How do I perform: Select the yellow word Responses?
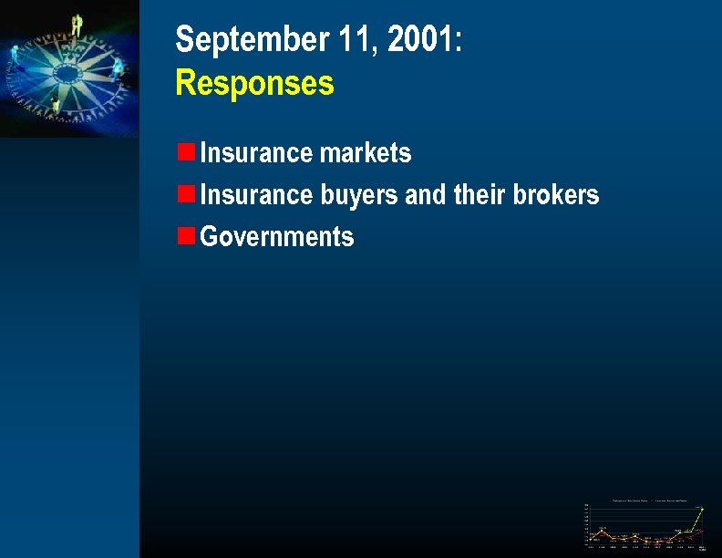(254, 84)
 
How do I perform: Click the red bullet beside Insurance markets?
(185, 151)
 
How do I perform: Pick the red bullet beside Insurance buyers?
(185, 193)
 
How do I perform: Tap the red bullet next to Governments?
(185, 235)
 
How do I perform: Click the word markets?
(366, 153)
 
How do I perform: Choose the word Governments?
(276, 237)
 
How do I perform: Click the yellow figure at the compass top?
(77, 25)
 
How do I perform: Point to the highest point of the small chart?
(702, 509)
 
